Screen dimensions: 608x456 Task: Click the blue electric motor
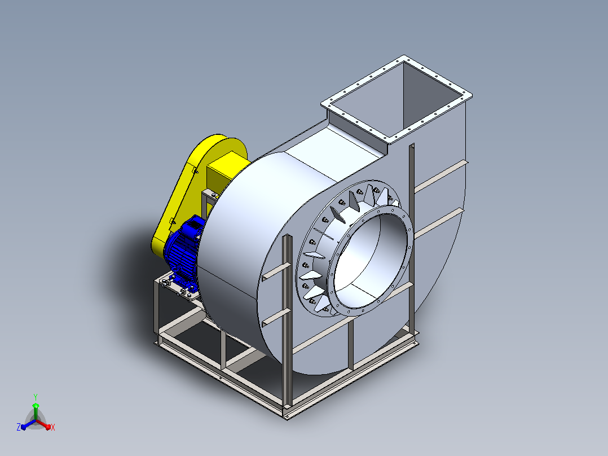(183, 253)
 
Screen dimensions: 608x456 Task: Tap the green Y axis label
(36, 397)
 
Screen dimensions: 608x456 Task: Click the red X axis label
(53, 427)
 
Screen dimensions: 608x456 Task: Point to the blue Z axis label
(18, 427)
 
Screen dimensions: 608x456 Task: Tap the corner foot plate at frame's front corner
(288, 415)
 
